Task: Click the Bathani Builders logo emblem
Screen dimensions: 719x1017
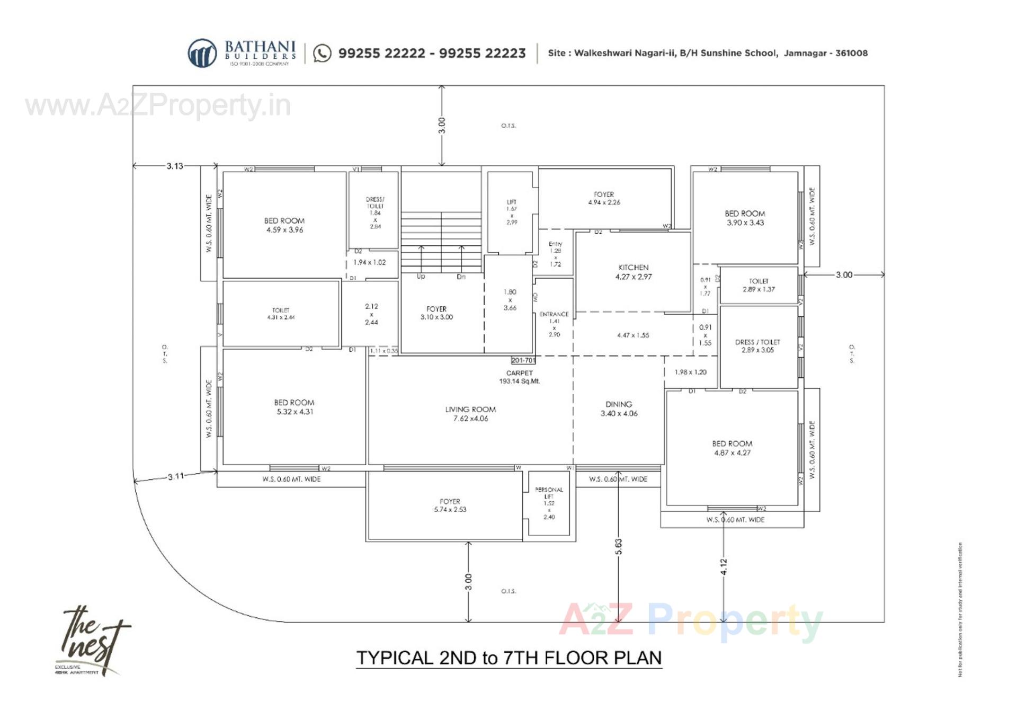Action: (202, 53)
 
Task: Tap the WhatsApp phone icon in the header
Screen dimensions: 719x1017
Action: (322, 53)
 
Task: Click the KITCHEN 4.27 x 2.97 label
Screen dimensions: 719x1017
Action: (634, 272)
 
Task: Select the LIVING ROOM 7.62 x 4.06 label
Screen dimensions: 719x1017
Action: (470, 414)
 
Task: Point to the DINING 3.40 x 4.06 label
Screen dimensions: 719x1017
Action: (619, 409)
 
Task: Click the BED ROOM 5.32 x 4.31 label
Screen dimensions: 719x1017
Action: (295, 407)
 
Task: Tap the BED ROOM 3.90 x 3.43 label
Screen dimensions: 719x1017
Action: (745, 218)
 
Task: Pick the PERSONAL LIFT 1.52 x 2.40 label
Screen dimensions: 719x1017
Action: (549, 503)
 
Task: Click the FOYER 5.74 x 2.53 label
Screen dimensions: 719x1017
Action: (450, 505)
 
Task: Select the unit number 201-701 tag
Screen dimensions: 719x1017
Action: (523, 360)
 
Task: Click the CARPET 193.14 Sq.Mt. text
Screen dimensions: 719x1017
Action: (519, 377)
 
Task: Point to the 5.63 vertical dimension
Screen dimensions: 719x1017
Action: (618, 546)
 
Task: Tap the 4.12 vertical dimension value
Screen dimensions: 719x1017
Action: (724, 566)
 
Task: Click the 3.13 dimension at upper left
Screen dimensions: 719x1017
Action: (175, 166)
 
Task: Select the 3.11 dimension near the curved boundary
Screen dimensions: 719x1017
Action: (176, 476)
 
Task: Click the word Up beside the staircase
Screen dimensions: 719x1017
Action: (421, 277)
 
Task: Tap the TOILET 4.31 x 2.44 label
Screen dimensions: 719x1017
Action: (281, 314)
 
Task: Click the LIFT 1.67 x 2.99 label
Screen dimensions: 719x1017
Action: (511, 212)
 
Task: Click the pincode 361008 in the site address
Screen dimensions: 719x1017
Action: (851, 53)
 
